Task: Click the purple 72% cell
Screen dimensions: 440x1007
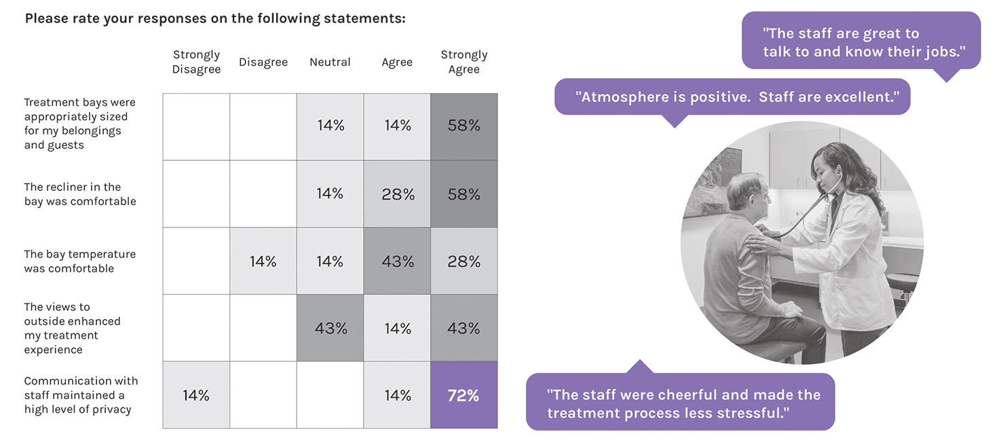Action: (x=464, y=395)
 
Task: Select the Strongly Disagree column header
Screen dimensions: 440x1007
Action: (x=196, y=62)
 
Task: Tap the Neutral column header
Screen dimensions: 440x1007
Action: (x=330, y=62)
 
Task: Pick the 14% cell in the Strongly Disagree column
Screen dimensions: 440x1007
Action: (x=196, y=395)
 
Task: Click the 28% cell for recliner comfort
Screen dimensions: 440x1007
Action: (x=398, y=194)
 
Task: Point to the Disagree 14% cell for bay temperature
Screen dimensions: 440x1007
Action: (x=263, y=261)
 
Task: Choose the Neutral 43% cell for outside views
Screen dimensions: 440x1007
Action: (x=330, y=329)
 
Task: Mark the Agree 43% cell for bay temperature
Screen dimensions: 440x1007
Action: (x=398, y=261)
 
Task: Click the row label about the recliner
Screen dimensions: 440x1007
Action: (x=80, y=194)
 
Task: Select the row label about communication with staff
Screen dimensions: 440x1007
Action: (x=81, y=395)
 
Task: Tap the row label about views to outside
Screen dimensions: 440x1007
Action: (x=72, y=329)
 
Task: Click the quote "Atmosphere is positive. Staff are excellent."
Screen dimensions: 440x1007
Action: (x=732, y=97)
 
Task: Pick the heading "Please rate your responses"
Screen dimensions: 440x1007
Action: (x=215, y=18)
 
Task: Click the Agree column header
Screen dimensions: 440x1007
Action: (x=397, y=62)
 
